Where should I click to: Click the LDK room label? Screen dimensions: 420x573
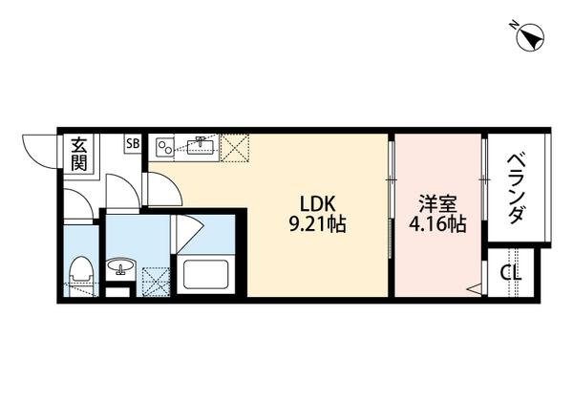click(318, 204)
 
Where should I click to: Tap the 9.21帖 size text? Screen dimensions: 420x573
click(318, 226)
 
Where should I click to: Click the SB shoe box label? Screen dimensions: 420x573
click(134, 145)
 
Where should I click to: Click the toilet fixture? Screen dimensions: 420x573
click(81, 272)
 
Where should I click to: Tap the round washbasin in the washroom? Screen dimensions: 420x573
click(120, 267)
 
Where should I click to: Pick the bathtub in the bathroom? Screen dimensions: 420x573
click(205, 276)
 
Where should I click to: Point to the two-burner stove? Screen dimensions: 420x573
click(166, 147)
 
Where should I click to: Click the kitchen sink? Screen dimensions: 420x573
click(202, 146)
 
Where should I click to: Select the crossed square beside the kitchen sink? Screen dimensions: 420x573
click(235, 147)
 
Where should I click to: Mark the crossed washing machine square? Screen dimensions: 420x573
click(155, 282)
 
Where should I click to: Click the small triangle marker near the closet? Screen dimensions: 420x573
click(472, 287)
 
